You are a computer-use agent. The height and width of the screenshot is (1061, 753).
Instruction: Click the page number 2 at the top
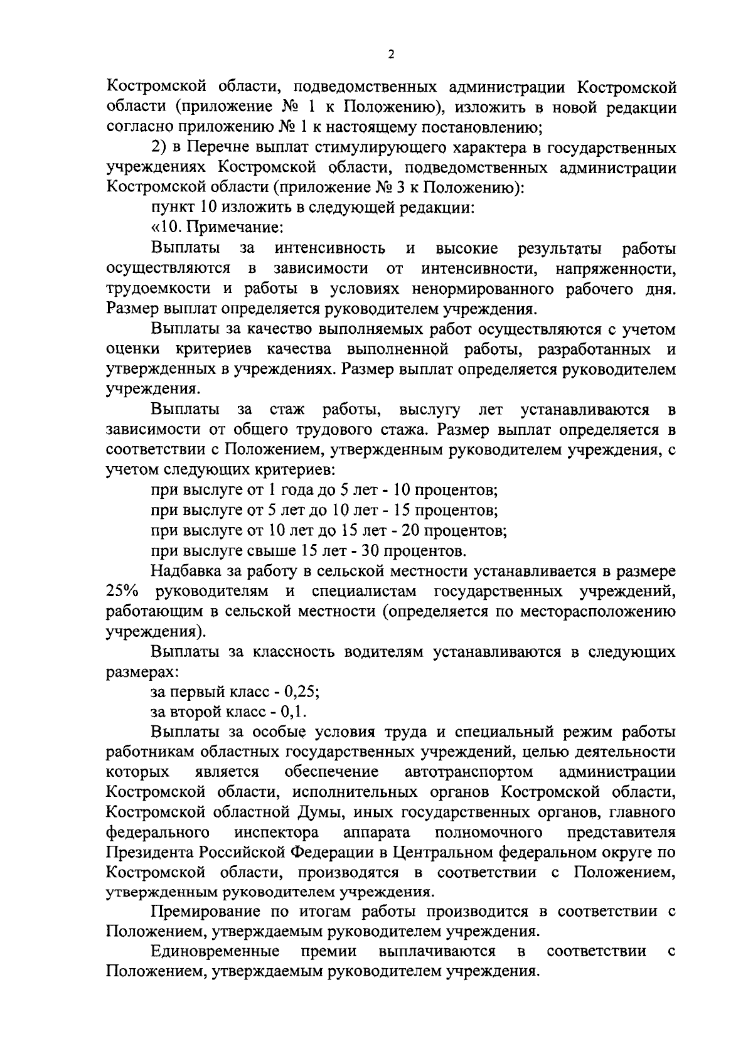click(391, 55)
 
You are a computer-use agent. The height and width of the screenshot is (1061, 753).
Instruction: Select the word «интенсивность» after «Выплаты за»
click(330, 249)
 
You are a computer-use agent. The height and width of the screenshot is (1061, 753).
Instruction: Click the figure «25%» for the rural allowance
click(122, 591)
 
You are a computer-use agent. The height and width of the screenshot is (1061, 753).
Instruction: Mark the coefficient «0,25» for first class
click(301, 692)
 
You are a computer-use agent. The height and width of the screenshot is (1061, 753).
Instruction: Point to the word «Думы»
click(323, 813)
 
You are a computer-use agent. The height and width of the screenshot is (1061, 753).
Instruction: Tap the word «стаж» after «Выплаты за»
click(286, 410)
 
